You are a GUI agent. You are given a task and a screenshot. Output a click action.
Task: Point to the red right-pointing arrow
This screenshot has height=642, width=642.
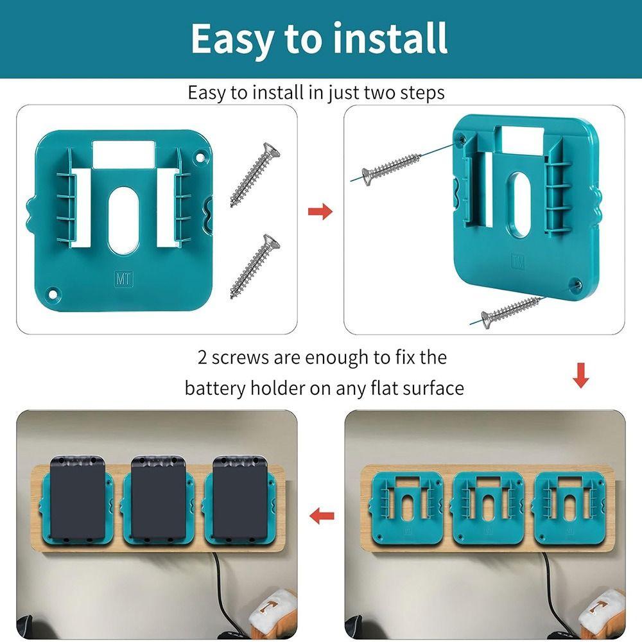pyautogui.click(x=320, y=212)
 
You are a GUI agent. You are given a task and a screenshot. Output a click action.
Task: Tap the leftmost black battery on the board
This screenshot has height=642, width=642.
pyautogui.click(x=76, y=498)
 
